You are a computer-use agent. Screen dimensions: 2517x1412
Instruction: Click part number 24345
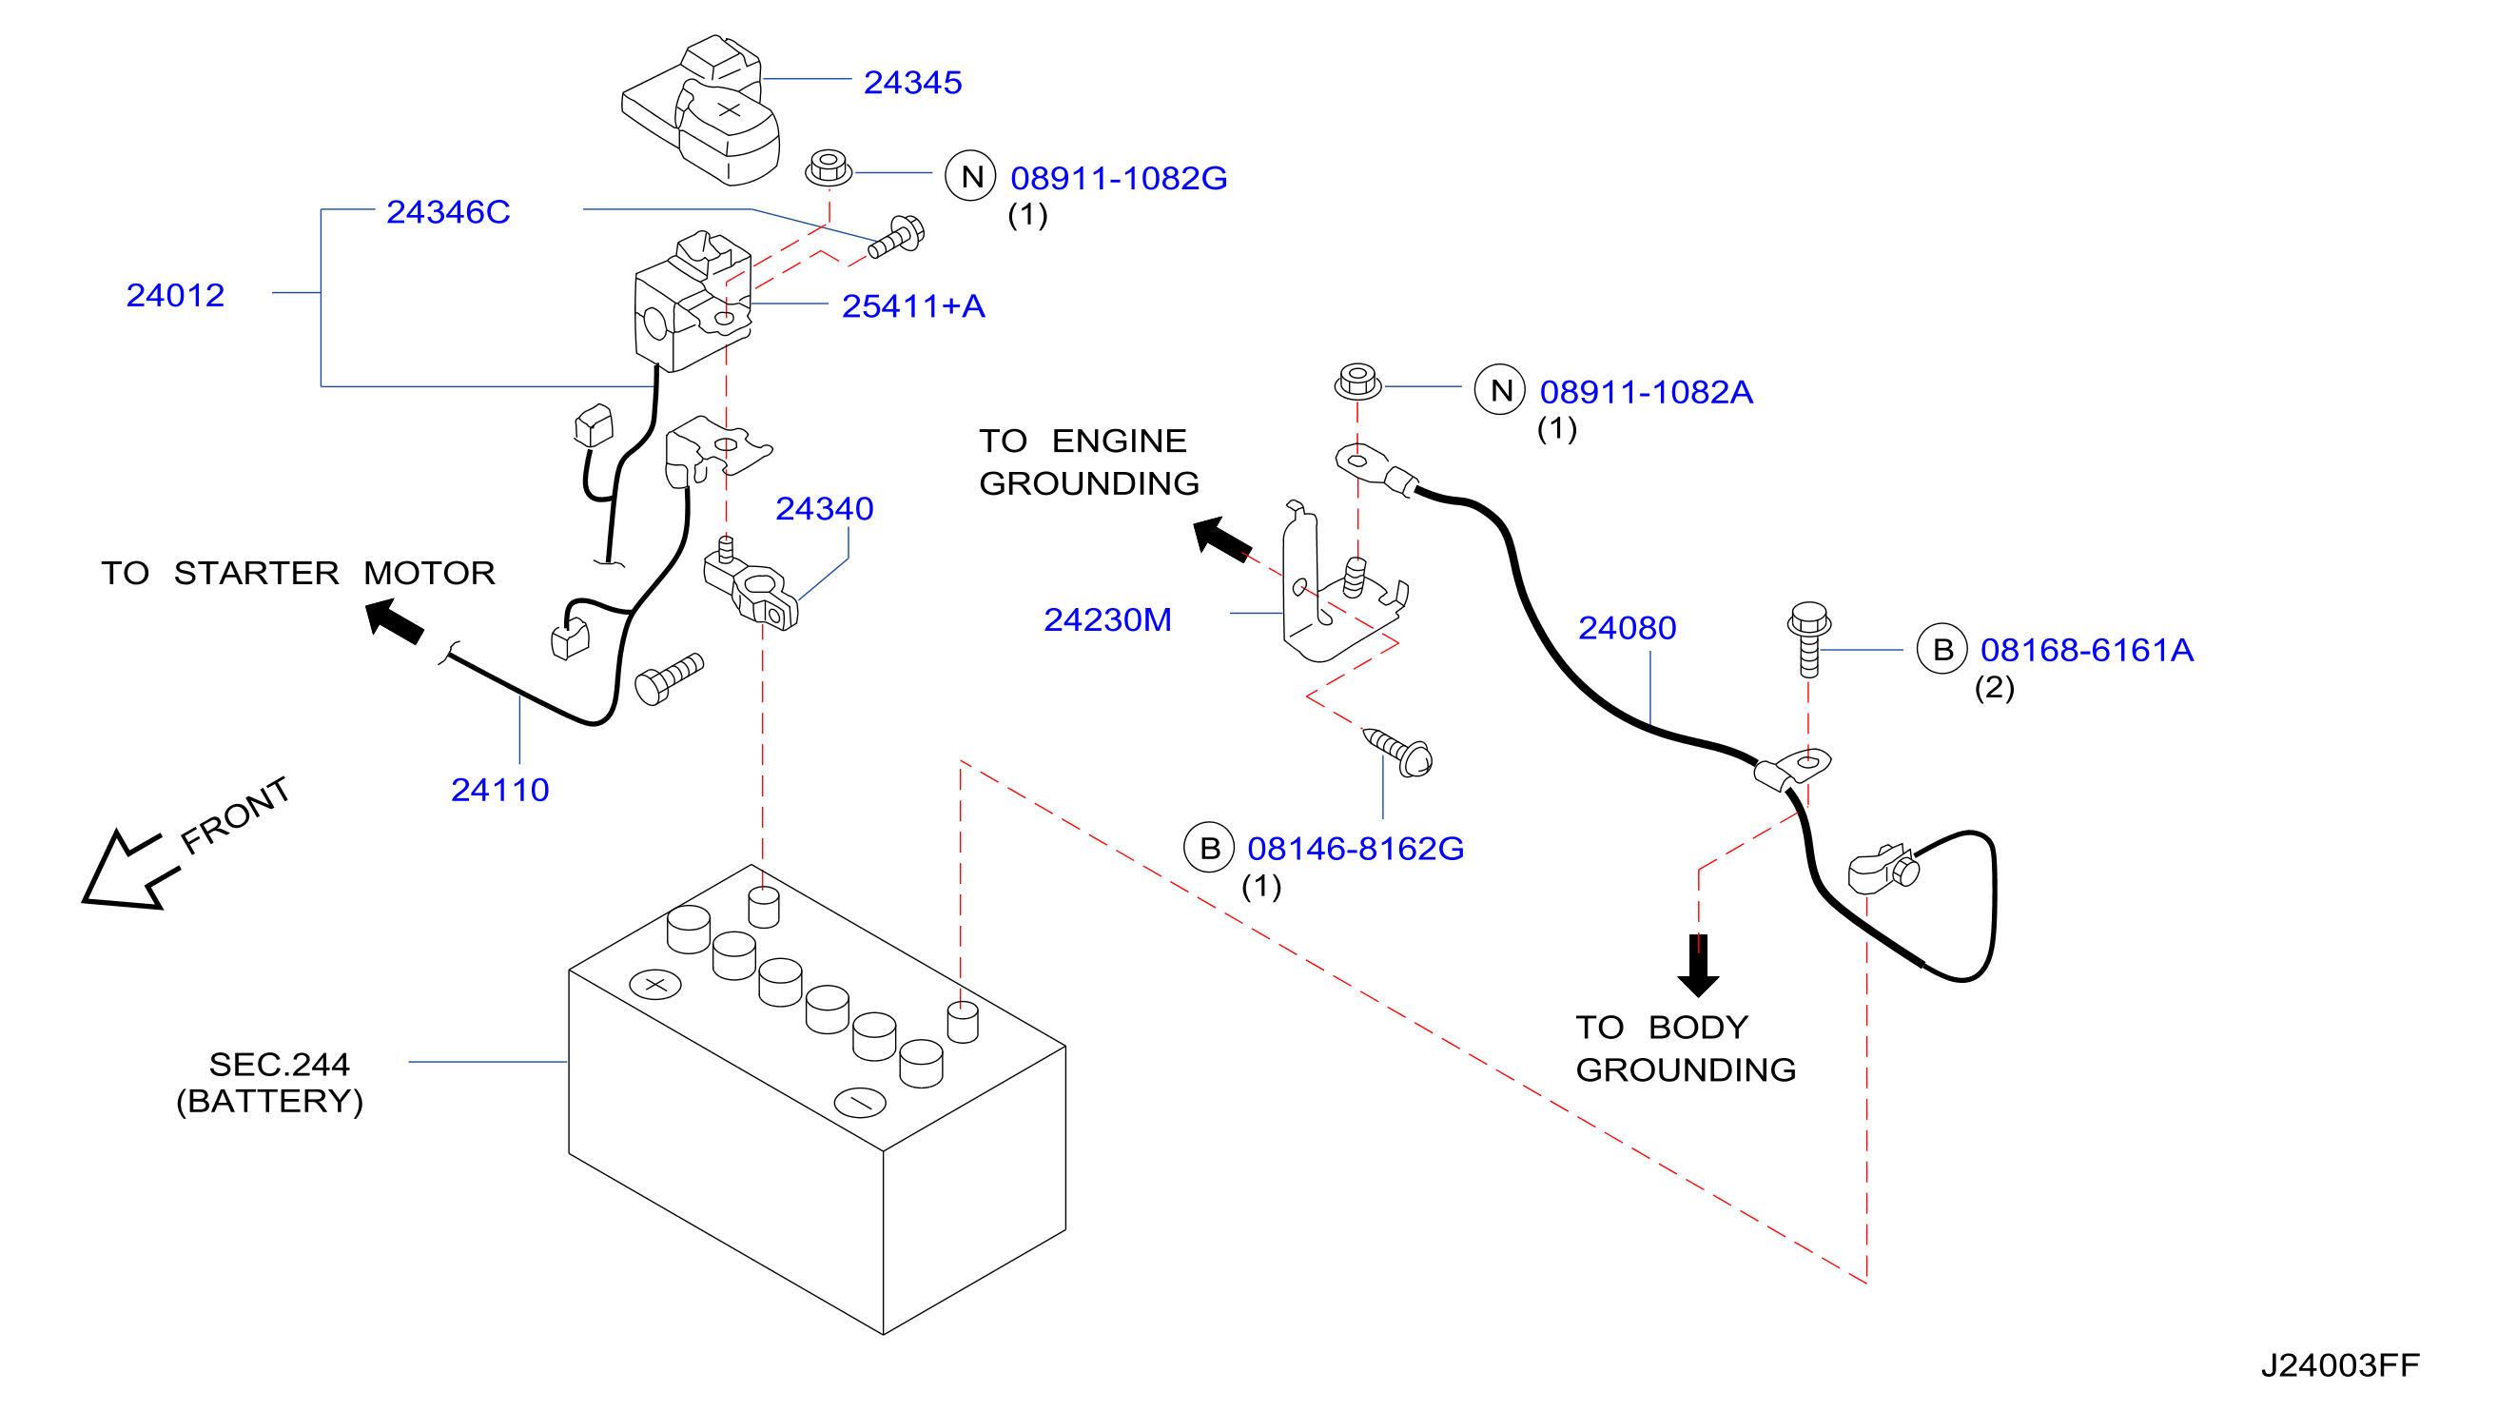(x=911, y=82)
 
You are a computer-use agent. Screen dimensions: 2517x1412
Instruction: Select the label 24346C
(x=447, y=212)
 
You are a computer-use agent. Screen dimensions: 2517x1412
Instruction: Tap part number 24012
(x=175, y=295)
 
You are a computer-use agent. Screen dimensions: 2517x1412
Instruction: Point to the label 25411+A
(x=912, y=305)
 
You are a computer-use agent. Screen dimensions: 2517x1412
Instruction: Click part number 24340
(x=824, y=508)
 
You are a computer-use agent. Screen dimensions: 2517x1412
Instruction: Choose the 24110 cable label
(x=499, y=790)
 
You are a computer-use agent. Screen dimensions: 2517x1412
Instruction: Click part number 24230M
(x=1107, y=619)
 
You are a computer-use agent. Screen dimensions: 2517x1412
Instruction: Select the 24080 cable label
(x=1627, y=627)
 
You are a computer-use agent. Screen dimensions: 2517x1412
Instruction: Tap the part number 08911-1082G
(x=1118, y=178)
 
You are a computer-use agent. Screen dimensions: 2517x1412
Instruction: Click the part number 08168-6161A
(x=2086, y=650)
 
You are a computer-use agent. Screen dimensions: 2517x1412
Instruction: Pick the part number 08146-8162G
(x=1356, y=848)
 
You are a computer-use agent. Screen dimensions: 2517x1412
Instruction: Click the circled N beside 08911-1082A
(x=1500, y=390)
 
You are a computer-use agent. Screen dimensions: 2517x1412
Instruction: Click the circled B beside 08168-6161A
(x=1941, y=649)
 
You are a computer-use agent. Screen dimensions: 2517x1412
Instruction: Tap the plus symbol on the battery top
(x=655, y=984)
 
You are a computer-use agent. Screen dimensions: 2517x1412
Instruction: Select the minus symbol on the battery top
(x=860, y=1102)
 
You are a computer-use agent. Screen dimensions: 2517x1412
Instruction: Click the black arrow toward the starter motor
(x=394, y=620)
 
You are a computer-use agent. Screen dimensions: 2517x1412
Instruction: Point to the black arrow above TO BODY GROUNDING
(x=1698, y=966)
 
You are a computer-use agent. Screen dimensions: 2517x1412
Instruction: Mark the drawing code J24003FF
(x=2339, y=1364)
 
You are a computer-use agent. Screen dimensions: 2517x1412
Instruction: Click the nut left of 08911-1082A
(x=1357, y=382)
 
